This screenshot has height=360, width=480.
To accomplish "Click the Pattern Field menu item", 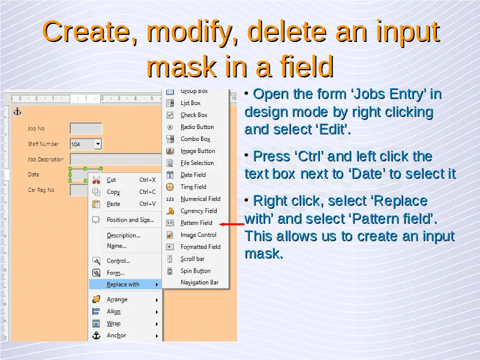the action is (x=196, y=223).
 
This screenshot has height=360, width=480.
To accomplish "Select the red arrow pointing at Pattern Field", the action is (x=232, y=224).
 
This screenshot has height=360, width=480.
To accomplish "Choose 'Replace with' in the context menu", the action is (x=123, y=284).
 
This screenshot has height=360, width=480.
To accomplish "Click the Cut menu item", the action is (x=111, y=180).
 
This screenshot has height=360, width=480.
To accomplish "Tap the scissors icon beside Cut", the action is (x=96, y=180).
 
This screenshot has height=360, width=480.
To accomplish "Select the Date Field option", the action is (x=193, y=175).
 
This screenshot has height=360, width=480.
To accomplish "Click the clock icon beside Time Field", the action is (x=170, y=187).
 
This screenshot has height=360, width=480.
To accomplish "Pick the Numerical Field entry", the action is (x=200, y=199).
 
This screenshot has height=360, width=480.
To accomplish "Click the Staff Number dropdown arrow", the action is (x=98, y=143).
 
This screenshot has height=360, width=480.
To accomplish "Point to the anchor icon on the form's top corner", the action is (x=17, y=112).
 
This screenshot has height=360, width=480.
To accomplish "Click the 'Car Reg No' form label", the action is (x=41, y=190).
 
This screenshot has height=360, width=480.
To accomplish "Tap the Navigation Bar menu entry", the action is (x=200, y=283).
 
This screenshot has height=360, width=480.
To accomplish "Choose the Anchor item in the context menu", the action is (x=116, y=335).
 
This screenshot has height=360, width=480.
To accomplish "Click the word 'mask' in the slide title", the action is (x=182, y=66).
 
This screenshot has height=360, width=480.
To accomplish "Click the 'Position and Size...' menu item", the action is (x=130, y=220).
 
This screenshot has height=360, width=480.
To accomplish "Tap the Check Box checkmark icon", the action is (x=170, y=115).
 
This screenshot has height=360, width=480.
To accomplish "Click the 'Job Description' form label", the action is (x=46, y=160).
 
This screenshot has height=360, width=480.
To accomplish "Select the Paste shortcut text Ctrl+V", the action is (x=148, y=204).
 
